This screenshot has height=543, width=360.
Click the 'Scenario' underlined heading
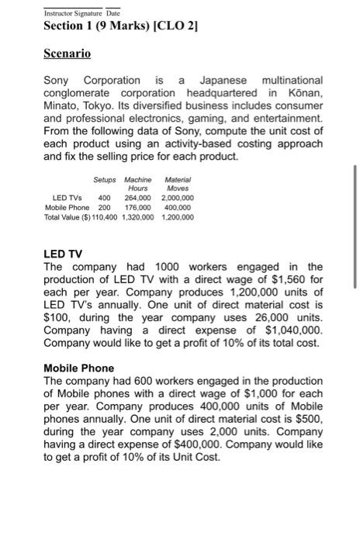tap(67, 54)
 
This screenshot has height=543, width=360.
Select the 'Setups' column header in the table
tap(104, 179)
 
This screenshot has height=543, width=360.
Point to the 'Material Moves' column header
tap(177, 184)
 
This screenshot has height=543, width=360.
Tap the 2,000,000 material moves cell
tap(178, 198)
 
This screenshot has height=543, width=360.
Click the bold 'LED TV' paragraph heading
tap(63, 254)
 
